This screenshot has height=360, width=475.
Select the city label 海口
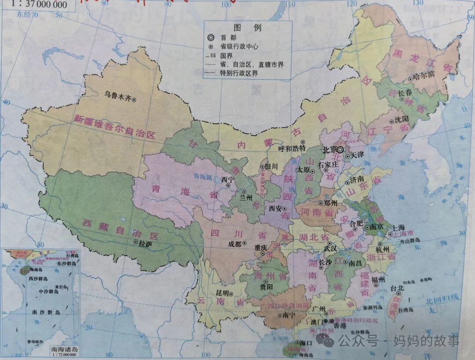(x=306, y=343)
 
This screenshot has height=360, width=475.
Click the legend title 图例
(x=247, y=28)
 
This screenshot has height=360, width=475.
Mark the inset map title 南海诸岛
(x=64, y=349)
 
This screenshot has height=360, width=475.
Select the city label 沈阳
(x=402, y=119)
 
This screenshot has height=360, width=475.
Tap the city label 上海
(x=398, y=228)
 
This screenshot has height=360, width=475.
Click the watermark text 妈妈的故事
(x=426, y=340)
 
